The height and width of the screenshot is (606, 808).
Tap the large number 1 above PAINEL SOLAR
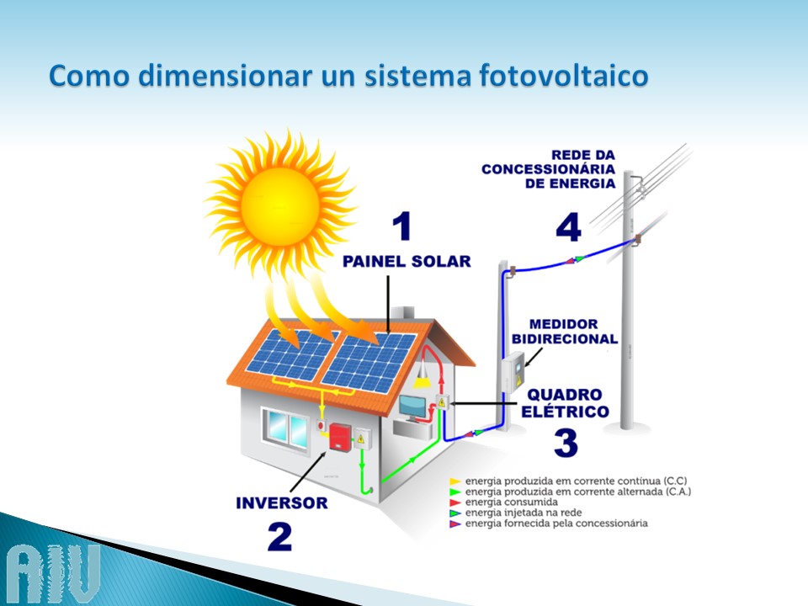(x=402, y=226)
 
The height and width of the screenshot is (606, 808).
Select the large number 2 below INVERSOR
(x=279, y=537)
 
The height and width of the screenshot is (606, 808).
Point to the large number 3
(x=566, y=443)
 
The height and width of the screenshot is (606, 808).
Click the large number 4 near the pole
(x=568, y=227)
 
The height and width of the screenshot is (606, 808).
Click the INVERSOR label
(x=281, y=503)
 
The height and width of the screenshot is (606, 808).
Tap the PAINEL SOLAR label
(x=407, y=261)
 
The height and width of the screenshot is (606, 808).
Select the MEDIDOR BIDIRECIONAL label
(x=564, y=332)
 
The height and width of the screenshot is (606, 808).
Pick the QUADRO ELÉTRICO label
(x=565, y=403)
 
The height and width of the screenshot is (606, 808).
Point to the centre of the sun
(x=279, y=206)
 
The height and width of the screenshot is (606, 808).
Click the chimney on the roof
(x=402, y=313)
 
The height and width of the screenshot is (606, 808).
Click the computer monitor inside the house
(x=412, y=407)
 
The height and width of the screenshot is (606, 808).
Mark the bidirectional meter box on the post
(x=513, y=372)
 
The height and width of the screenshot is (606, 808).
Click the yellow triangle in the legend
(x=454, y=481)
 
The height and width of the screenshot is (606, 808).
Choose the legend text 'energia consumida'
(x=511, y=502)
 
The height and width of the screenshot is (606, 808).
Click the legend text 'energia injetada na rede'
(x=523, y=513)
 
